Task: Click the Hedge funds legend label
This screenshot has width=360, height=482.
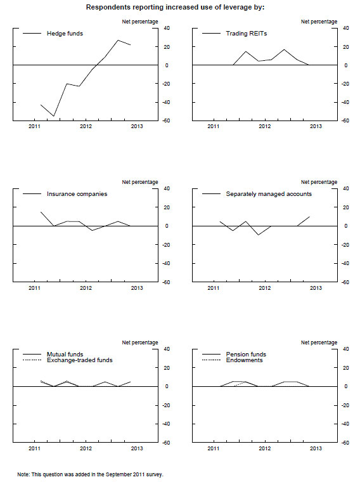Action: (65, 34)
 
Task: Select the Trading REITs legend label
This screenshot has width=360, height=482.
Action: (247, 34)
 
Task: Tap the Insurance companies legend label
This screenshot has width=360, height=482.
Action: (77, 194)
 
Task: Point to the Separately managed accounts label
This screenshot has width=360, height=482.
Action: (269, 194)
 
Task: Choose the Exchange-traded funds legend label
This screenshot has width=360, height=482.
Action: (80, 360)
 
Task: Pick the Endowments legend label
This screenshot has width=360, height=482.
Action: (244, 360)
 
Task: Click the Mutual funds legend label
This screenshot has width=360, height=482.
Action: (65, 354)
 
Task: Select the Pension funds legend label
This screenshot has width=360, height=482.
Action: (246, 354)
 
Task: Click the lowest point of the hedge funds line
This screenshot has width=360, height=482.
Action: (54, 116)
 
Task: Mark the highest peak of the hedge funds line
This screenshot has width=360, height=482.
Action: (119, 40)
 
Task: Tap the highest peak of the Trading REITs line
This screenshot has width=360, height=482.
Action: (284, 49)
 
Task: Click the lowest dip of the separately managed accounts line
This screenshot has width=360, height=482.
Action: (259, 235)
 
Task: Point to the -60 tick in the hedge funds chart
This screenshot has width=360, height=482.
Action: (167, 120)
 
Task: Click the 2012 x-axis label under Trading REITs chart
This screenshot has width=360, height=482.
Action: (264, 126)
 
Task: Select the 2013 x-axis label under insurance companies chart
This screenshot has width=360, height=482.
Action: (137, 288)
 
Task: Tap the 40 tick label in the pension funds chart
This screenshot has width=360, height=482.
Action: (346, 349)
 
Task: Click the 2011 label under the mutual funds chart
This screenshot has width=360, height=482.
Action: (34, 448)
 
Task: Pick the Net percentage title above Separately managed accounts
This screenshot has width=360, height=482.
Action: (319, 182)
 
